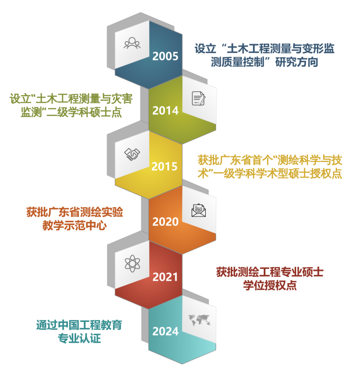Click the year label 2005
click(165, 56)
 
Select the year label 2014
click(165, 111)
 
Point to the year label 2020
click(165, 222)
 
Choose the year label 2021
click(165, 277)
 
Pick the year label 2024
click(165, 332)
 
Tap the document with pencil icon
click(198, 98)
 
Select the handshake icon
click(132, 154)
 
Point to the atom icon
click(132, 264)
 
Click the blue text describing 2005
click(264, 55)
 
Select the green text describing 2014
click(71, 105)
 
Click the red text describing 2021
click(270, 278)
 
